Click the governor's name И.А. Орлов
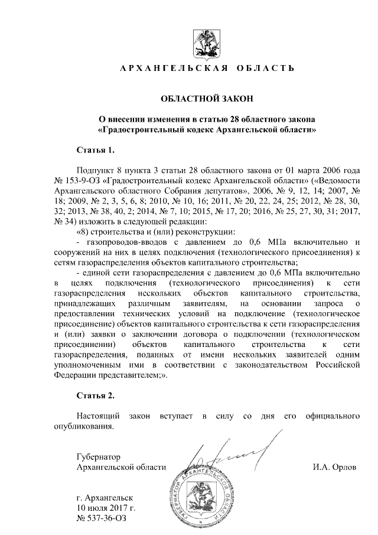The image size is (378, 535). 335,468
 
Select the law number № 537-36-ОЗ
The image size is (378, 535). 102,518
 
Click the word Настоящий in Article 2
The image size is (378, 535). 98,416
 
